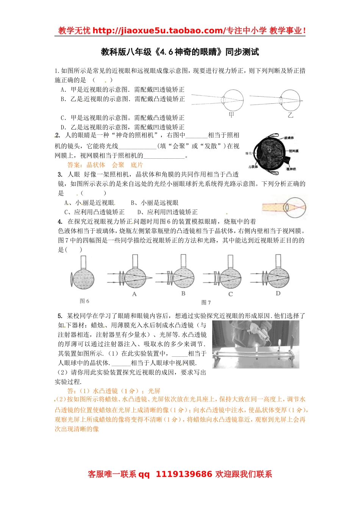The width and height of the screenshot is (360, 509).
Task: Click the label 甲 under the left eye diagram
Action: click(232, 114)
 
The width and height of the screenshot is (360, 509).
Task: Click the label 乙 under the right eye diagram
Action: click(290, 115)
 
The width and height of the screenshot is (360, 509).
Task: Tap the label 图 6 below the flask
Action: click(84, 301)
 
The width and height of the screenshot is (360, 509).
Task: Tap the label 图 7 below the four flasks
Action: click(206, 303)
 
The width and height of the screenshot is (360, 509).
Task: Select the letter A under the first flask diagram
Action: click(134, 294)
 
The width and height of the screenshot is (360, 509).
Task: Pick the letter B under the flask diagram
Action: click(183, 294)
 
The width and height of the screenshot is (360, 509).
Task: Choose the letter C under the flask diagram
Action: click(230, 294)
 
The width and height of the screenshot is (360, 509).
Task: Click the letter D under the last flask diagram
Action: click(278, 294)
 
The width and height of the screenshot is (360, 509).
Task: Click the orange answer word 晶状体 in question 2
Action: click(95, 165)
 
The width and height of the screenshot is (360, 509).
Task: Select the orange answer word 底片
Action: click(137, 165)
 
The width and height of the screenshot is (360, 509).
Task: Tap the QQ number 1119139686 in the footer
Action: click(184, 474)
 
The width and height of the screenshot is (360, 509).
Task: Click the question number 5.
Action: click(60, 316)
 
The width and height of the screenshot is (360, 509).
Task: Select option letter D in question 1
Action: click(63, 127)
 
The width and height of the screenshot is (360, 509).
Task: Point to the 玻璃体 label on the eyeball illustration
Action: click(289, 138)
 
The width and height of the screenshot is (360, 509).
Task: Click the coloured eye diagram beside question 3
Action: click(284, 207)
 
